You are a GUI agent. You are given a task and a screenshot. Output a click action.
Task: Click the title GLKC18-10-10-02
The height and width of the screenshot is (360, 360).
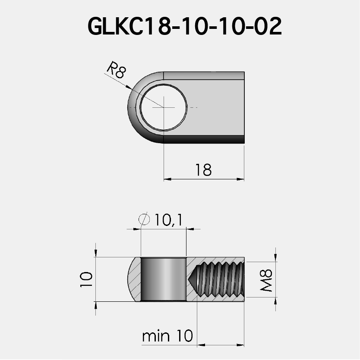pyautogui.click(x=184, y=27)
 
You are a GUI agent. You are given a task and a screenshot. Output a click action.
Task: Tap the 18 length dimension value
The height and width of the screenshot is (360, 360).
pyautogui.click(x=203, y=170)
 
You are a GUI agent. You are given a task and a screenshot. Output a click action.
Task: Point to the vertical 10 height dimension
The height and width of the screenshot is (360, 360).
pyautogui.click(x=86, y=279)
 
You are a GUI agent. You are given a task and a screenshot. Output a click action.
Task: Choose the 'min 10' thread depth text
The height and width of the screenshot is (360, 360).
pyautogui.click(x=167, y=335)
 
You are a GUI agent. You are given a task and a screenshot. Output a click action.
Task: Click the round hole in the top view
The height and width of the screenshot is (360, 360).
pyautogui.click(x=163, y=107)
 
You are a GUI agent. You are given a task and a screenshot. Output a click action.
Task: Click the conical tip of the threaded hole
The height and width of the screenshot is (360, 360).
pyautogui.click(x=193, y=279)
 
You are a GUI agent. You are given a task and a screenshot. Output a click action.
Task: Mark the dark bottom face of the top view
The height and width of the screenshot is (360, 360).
pyautogui.click(x=203, y=139)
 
